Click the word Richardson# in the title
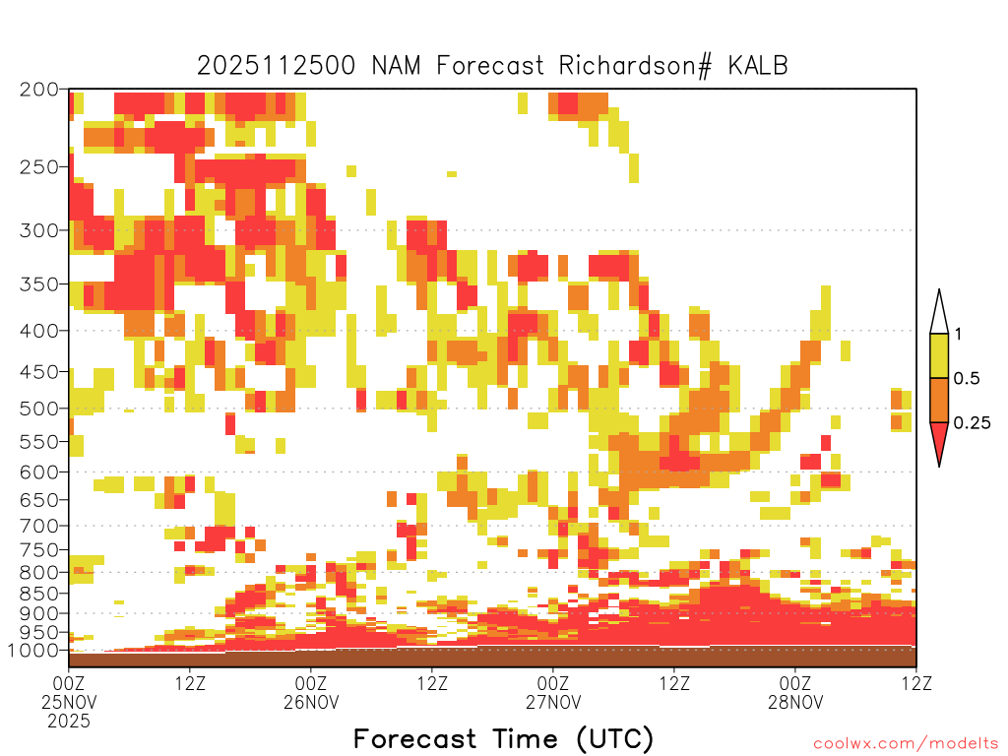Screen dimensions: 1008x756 [635, 66]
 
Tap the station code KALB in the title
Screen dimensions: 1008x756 [758, 66]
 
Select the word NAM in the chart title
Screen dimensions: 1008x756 [396, 66]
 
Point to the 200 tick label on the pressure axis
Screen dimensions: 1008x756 [39, 90]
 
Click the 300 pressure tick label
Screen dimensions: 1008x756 [39, 230]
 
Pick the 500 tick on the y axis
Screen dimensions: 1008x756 [39, 409]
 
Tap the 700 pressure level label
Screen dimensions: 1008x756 [39, 526]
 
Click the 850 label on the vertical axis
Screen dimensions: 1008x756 [39, 593]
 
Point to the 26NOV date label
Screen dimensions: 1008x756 [311, 702]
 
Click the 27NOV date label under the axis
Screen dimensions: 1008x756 [553, 702]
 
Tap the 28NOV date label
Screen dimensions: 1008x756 [795, 702]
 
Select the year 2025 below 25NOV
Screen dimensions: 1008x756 [69, 722]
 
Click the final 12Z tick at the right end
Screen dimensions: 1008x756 [916, 683]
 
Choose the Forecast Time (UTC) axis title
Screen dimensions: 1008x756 [503, 739]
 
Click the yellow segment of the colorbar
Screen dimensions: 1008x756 [939, 355]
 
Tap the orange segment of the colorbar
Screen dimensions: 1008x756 [939, 400]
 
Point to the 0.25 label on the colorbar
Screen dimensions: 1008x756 [972, 423]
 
